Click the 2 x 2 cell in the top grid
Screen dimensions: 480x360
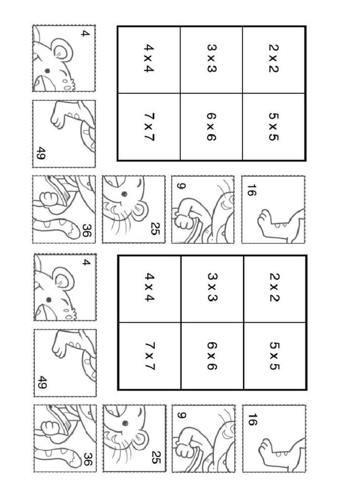274,60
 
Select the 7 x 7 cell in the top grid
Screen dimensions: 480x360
149,127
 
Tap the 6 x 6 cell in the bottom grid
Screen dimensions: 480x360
211,356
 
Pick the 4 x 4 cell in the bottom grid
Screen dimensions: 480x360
149,289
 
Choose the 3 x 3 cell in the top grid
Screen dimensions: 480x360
211,60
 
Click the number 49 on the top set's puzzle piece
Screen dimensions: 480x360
40,153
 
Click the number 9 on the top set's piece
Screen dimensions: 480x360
181,186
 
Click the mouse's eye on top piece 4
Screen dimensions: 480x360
47,70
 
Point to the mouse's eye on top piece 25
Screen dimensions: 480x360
124,194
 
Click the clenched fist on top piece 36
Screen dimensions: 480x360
48,199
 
